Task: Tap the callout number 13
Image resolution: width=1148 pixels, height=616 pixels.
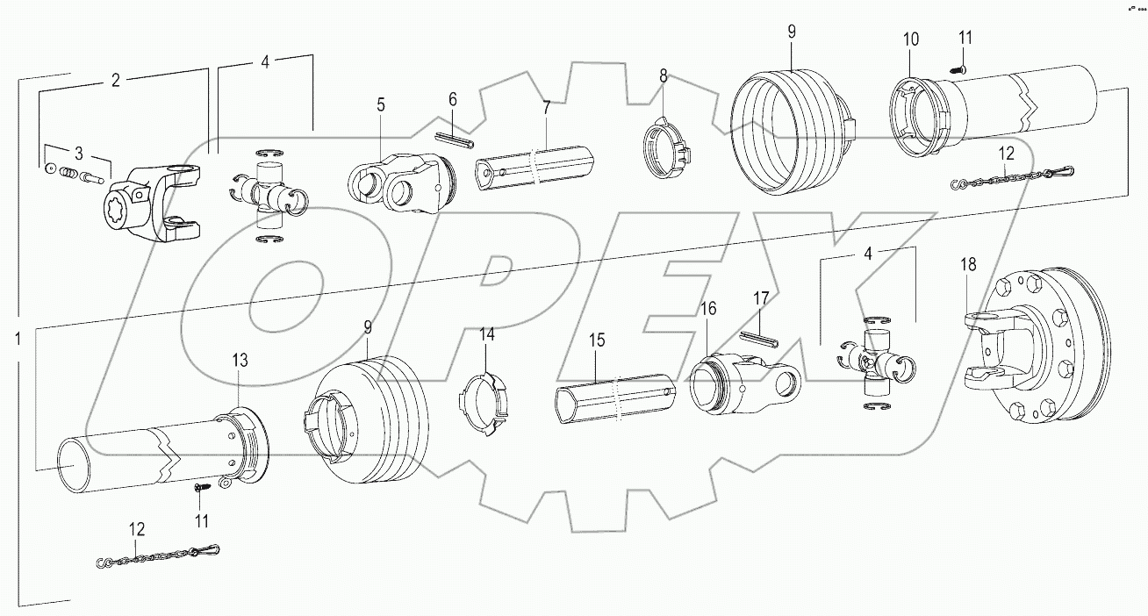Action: tap(240, 361)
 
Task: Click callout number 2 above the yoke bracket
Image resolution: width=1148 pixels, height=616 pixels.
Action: tap(115, 81)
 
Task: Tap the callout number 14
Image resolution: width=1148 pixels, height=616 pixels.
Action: tap(486, 334)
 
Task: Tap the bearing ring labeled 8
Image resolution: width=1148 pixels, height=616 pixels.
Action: tap(666, 145)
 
